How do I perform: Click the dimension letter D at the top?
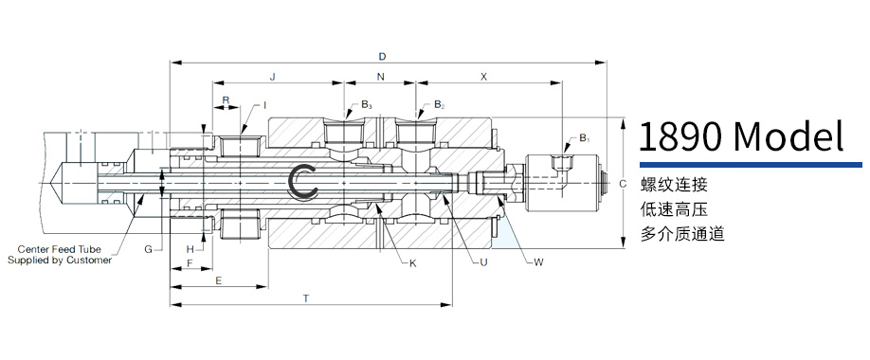coord(382,57)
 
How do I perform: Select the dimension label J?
coord(272,77)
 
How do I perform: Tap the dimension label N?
coord(380,77)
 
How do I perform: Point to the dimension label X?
coord(483,77)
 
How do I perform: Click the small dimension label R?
coord(226,99)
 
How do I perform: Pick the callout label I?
coord(264,105)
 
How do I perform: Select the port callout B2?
coord(439,104)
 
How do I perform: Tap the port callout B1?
coord(584,138)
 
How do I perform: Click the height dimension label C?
coord(623,183)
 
